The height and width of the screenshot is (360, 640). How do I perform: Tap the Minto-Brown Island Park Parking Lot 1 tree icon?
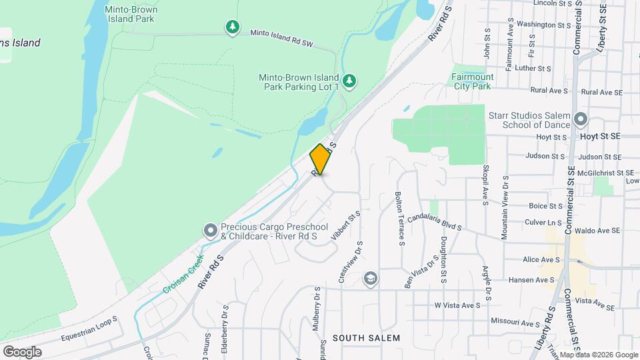pyautogui.click(x=350, y=81)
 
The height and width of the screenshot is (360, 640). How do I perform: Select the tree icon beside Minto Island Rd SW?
pyautogui.click(x=232, y=27)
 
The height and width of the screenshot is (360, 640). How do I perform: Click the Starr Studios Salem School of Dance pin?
pyautogui.click(x=581, y=120)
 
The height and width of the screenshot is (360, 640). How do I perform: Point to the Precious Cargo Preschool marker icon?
pyautogui.click(x=211, y=231)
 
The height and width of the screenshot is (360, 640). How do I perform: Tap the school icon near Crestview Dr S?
pyautogui.click(x=370, y=277)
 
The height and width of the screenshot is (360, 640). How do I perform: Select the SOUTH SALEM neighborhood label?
pyautogui.click(x=367, y=338)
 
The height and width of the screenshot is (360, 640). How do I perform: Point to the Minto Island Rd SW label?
pyautogui.click(x=281, y=37)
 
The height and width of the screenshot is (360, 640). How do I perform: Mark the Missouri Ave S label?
pyautogui.click(x=515, y=322)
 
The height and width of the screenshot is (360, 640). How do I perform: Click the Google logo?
pyautogui.click(x=22, y=351)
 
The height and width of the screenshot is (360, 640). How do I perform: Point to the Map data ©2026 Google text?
pyautogui.click(x=598, y=355)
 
